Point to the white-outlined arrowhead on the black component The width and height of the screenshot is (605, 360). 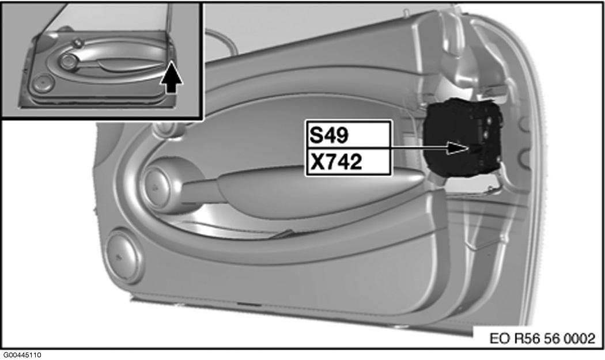coord(458,147)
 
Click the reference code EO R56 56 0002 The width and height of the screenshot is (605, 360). coord(543,338)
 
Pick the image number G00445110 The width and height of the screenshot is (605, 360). coord(22,355)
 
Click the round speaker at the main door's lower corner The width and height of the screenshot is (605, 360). coord(123,256)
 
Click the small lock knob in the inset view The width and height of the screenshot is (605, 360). coord(78,43)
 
